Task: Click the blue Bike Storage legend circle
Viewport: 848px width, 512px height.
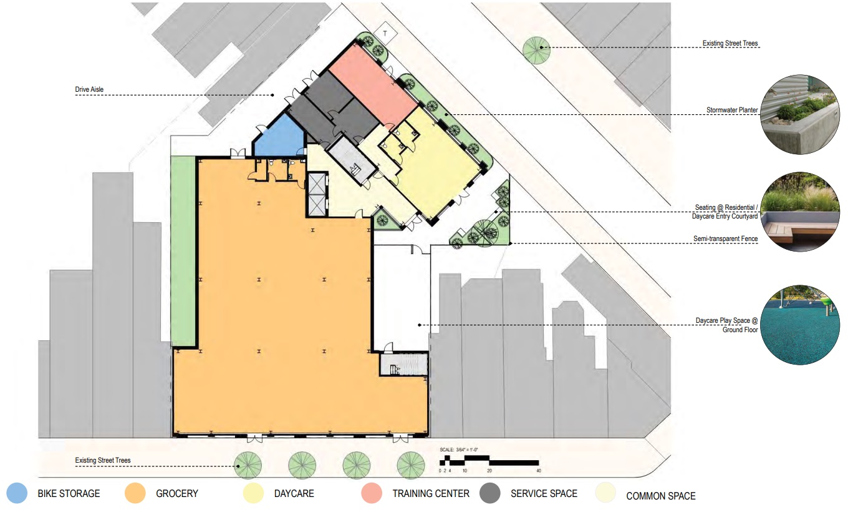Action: tap(17, 493)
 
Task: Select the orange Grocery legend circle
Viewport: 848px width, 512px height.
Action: tap(135, 493)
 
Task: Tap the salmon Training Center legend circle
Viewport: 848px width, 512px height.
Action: tap(372, 493)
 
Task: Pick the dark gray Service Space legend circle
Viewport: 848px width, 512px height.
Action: tap(490, 493)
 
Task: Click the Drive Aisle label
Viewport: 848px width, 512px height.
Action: tap(89, 89)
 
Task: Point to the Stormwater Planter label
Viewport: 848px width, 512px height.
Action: tap(732, 110)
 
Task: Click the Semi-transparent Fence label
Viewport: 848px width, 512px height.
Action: tap(725, 239)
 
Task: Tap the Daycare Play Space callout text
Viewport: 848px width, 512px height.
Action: tap(726, 325)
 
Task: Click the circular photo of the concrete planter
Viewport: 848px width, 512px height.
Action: tap(800, 114)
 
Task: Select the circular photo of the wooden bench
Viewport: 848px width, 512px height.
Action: tap(800, 212)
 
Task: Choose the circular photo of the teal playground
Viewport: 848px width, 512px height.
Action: tap(800, 325)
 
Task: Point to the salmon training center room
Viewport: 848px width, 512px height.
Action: tap(373, 84)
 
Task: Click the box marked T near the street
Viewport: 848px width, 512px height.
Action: tap(385, 33)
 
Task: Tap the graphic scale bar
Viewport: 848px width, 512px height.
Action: tap(489, 460)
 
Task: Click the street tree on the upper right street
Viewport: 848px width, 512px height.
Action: tap(536, 50)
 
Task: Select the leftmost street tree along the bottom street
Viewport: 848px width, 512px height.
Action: tap(248, 465)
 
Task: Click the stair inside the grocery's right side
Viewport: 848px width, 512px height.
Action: tap(404, 365)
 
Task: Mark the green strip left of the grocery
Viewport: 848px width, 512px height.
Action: tap(183, 250)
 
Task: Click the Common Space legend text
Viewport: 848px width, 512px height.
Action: tap(660, 496)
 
